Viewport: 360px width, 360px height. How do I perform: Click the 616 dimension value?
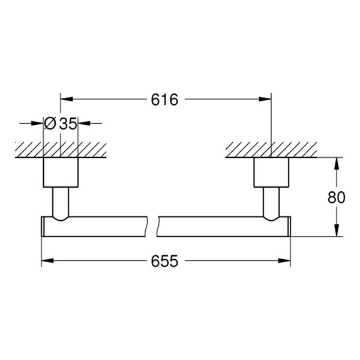(x=166, y=100)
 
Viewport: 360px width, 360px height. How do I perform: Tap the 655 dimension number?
(x=166, y=262)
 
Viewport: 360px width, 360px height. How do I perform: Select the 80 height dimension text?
(x=338, y=197)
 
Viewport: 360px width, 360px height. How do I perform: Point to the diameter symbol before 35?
(x=51, y=124)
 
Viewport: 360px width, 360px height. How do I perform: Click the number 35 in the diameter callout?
(x=68, y=124)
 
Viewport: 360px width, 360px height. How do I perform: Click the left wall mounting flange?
(x=61, y=173)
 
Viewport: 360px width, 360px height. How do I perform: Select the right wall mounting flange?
(x=271, y=173)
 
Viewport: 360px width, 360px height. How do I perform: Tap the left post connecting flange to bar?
(x=61, y=202)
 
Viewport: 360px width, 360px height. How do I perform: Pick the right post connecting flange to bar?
(x=271, y=202)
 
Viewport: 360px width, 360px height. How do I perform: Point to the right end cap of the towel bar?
(x=289, y=226)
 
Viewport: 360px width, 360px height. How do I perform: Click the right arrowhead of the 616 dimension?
(x=267, y=100)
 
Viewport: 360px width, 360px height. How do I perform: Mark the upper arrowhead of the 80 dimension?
(x=338, y=163)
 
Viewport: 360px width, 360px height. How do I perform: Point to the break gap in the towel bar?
(x=152, y=226)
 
